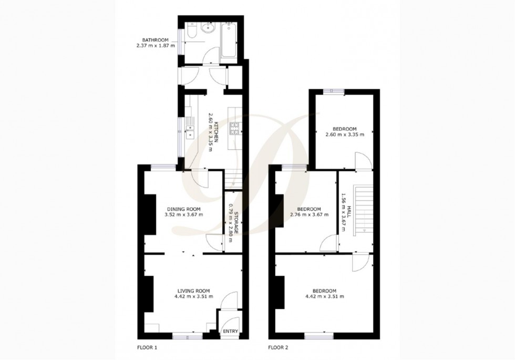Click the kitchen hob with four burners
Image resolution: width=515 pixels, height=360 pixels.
click(x=234, y=127)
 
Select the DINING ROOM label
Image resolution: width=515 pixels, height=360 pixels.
click(x=183, y=209)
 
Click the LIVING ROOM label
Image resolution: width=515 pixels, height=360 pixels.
click(x=193, y=291)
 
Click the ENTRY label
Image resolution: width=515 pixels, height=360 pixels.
click(x=230, y=331)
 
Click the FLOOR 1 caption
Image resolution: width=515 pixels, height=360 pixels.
click(x=147, y=347)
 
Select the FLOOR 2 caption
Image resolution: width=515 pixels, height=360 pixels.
click(x=277, y=347)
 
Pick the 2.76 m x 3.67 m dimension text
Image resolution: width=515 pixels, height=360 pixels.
click(x=309, y=214)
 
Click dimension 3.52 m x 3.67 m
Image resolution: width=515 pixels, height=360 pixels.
click(x=183, y=214)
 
